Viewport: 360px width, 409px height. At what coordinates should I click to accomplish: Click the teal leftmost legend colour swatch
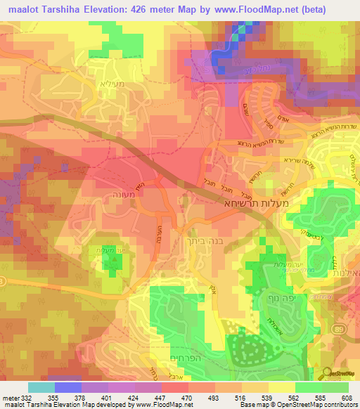(x=41, y=387)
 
